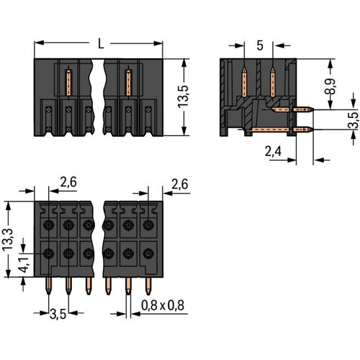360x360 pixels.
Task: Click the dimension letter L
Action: tap(101, 44)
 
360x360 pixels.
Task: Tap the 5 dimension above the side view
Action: tap(260, 45)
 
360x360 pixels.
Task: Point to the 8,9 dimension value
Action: tap(333, 86)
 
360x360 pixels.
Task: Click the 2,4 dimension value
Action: tap(273, 151)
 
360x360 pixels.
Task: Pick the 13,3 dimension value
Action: tap(9, 240)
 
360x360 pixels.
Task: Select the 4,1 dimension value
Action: tap(25, 264)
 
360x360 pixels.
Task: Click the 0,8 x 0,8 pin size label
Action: tap(163, 305)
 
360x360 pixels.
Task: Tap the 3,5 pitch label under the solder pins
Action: tap(58, 315)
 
